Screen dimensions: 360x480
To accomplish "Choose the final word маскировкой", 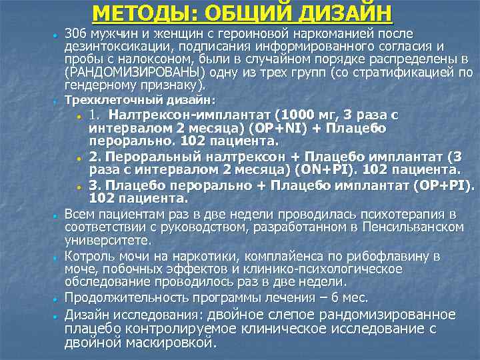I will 167,344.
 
